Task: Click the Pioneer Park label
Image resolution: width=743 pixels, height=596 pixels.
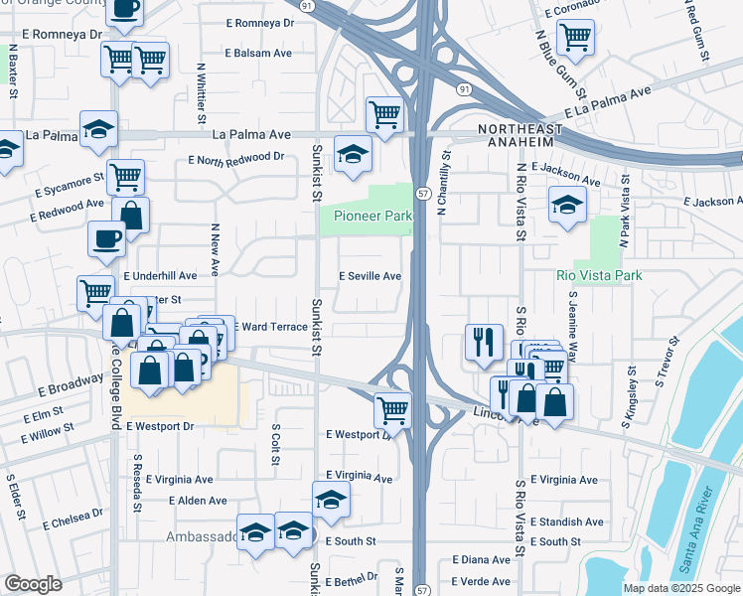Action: pos(372,216)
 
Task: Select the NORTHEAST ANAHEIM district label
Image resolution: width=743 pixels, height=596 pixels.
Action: pos(520,136)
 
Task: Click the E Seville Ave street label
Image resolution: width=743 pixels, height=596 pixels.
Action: pos(371,276)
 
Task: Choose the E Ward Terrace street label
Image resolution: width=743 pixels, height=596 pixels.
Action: pos(271,326)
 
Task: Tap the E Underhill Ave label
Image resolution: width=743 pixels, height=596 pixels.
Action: pos(160,275)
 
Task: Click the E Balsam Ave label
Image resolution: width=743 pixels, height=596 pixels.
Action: pos(258,52)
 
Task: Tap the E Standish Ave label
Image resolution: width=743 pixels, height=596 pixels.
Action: pos(567,521)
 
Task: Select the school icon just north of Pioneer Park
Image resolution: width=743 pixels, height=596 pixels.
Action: pos(351,153)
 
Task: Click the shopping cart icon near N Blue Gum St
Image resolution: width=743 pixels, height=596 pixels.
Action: pos(575,38)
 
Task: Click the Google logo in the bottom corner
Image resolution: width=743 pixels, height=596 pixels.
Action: pos(33,584)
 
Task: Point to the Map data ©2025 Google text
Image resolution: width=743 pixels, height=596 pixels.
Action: pos(681,588)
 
